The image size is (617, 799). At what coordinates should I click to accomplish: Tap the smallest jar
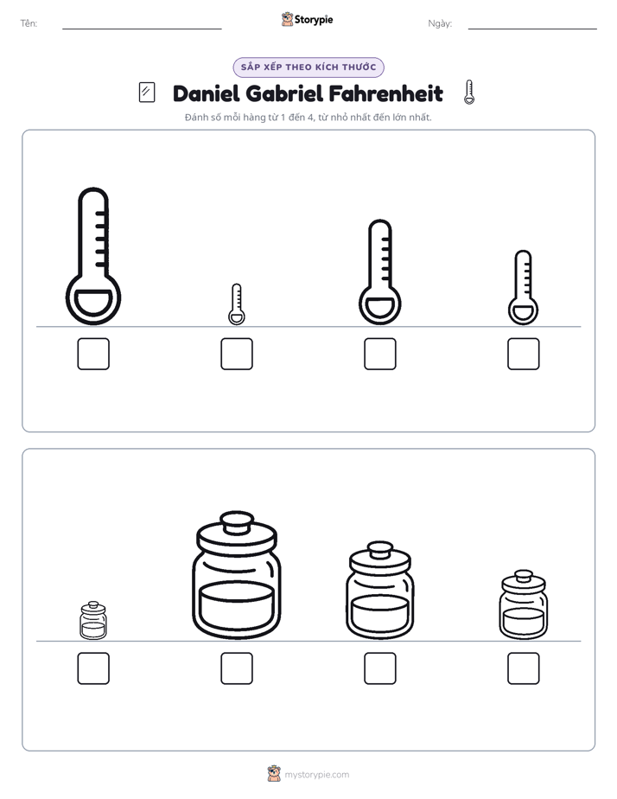(x=93, y=620)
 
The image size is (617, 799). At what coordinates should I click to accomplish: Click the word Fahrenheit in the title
(x=386, y=93)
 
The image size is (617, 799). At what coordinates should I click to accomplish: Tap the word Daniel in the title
(x=207, y=93)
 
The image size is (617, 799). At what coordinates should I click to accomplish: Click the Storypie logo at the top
(x=307, y=19)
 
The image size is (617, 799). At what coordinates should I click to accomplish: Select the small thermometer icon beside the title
(x=469, y=93)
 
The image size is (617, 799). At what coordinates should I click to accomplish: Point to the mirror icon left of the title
(x=147, y=93)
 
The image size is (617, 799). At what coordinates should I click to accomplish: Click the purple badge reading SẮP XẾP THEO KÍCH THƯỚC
(x=308, y=67)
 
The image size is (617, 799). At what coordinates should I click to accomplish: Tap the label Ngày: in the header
(x=440, y=23)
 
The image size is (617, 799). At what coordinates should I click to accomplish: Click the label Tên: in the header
(x=29, y=23)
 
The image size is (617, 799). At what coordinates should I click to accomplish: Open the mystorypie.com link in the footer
(x=316, y=775)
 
